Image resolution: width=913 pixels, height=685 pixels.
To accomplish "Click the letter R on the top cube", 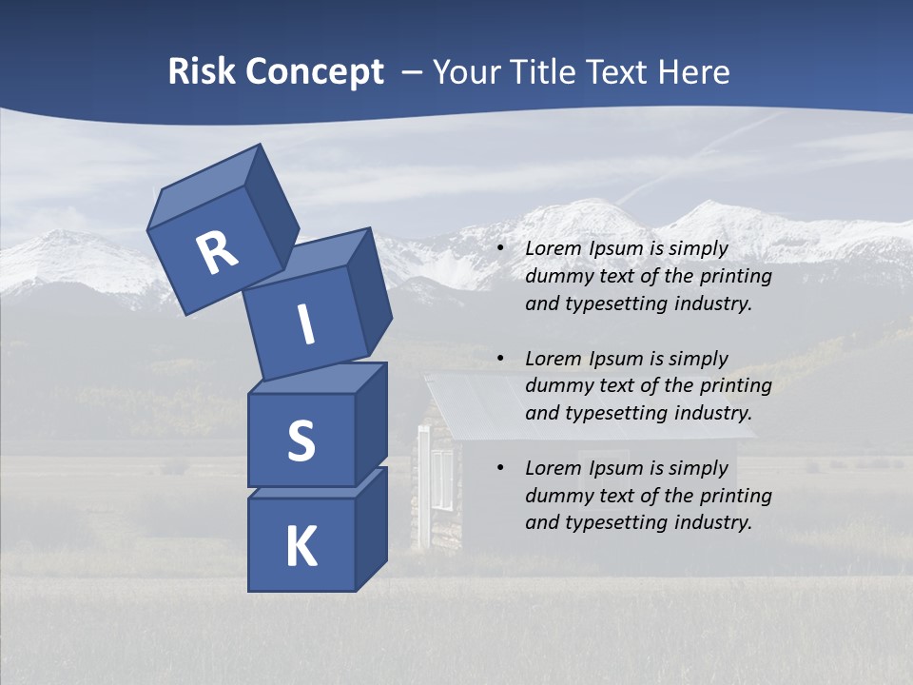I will point(216,253).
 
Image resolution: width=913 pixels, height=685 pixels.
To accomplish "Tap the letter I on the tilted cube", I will point(305,324).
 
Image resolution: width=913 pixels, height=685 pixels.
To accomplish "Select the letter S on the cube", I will point(301,440).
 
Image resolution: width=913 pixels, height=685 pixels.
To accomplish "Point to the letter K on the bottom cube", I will point(301,547).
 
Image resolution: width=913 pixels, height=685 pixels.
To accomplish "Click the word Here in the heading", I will point(692,72).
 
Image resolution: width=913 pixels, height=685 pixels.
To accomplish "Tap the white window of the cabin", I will point(442,479).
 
